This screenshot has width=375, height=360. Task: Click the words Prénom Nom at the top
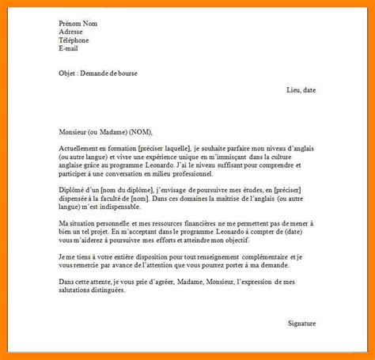click(77, 23)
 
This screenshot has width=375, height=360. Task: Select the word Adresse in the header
click(71, 32)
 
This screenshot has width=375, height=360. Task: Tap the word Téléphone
click(74, 40)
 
